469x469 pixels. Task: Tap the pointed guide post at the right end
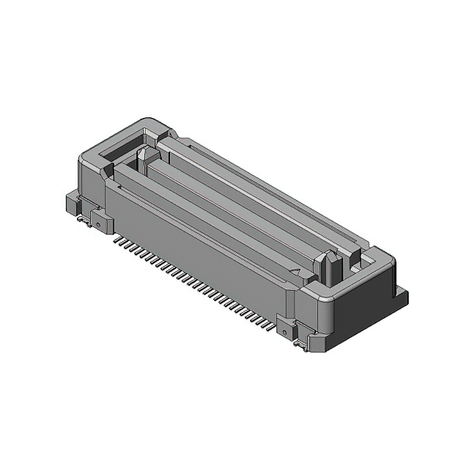click(x=329, y=267)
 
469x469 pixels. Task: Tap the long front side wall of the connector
click(x=198, y=242)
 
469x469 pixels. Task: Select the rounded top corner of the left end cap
click(x=147, y=120)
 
